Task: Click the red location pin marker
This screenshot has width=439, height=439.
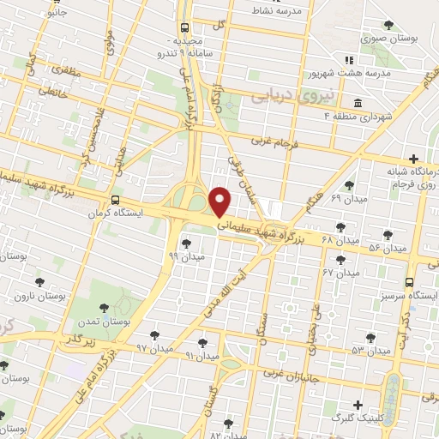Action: coord(222,201)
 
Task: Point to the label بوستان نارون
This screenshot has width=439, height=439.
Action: coord(33,296)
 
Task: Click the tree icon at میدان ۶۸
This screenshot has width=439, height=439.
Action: coord(340,227)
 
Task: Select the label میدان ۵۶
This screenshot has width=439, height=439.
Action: coord(386,248)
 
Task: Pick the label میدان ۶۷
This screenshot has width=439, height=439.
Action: coord(339,272)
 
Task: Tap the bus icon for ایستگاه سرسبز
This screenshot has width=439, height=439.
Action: coord(408,281)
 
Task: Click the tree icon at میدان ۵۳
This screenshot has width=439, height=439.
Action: coord(370,338)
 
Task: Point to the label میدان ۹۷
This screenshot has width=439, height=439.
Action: coord(154,348)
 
